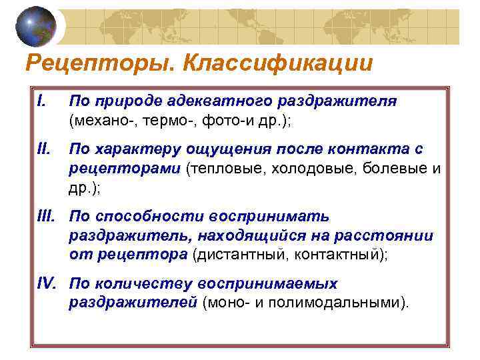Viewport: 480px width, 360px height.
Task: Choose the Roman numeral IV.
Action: pyautogui.click(x=46, y=283)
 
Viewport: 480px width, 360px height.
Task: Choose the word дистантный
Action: pyautogui.click(x=233, y=255)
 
